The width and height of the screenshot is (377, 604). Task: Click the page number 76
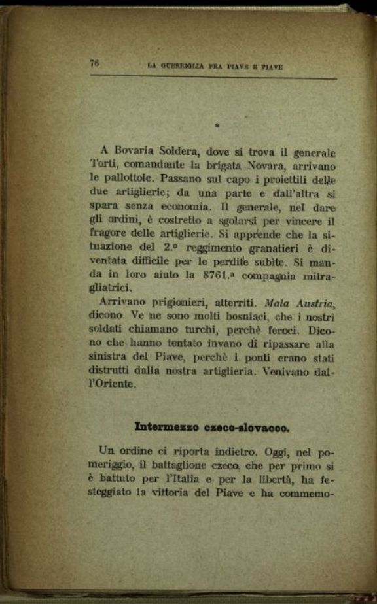(95, 63)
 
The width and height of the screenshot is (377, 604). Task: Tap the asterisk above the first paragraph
(215, 124)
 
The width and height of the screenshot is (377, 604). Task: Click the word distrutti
(113, 373)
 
